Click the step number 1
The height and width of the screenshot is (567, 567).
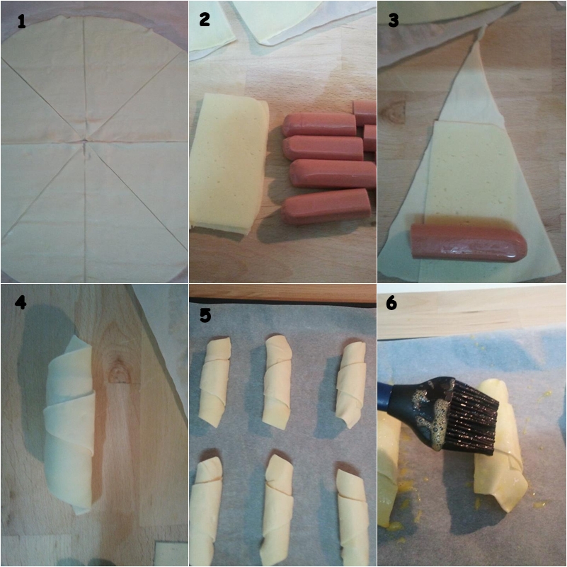pos(22,21)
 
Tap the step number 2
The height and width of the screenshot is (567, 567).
pos(205,19)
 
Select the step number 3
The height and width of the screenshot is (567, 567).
pos(394,20)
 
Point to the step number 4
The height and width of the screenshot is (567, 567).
pos(21,302)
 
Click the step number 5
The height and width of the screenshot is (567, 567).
pos(205,315)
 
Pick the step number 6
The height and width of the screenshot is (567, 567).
pos(391,303)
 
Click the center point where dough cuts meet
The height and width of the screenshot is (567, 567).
pos(84,140)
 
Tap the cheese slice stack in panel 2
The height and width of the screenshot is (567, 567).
pos(229,164)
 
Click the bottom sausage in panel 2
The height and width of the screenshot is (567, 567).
pos(326,207)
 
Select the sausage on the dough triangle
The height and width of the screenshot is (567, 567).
pos(469,241)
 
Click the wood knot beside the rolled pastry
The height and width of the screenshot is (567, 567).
pos(119,372)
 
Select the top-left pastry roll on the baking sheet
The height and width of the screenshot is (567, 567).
pos(214,382)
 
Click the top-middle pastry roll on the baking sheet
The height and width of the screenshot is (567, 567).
pos(277,382)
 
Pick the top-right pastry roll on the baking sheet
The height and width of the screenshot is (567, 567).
pos(352,385)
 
